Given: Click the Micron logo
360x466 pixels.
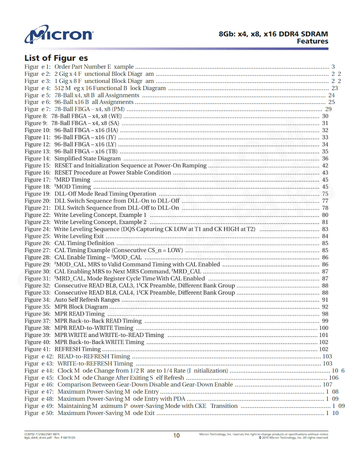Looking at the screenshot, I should click(59, 34).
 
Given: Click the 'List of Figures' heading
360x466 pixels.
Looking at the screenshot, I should click(56, 58).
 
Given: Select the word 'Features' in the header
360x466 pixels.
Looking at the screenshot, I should click(312, 41).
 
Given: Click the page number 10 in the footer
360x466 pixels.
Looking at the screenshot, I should click(177, 435).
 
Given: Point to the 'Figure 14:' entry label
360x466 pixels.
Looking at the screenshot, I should click(37, 158).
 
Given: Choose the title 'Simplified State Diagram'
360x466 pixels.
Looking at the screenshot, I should click(88, 158).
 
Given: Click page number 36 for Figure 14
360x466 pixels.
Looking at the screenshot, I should click(325, 158).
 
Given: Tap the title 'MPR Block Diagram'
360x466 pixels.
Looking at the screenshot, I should click(81, 307).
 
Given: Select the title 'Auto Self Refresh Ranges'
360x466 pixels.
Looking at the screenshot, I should click(87, 300).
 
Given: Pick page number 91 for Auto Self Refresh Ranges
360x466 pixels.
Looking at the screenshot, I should click(325, 300).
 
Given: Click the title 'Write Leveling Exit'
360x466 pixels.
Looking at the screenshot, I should click(79, 236).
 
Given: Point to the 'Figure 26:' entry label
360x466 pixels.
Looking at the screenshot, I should click(37, 243).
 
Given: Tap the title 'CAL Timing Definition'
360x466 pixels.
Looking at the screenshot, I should click(84, 243).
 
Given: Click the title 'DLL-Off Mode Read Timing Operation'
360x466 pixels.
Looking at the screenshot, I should click(105, 194).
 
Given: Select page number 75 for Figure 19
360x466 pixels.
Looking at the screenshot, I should click(325, 194).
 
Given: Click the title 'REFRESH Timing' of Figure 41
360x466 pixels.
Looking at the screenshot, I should click(78, 349).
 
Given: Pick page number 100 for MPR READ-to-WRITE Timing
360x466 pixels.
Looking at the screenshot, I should click(324, 328).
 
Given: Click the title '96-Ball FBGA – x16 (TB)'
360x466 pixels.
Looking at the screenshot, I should click(86, 152).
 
